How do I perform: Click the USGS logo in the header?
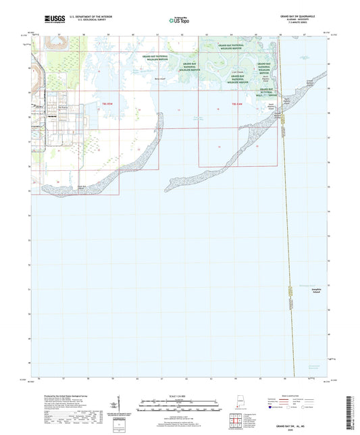click(49, 19)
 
